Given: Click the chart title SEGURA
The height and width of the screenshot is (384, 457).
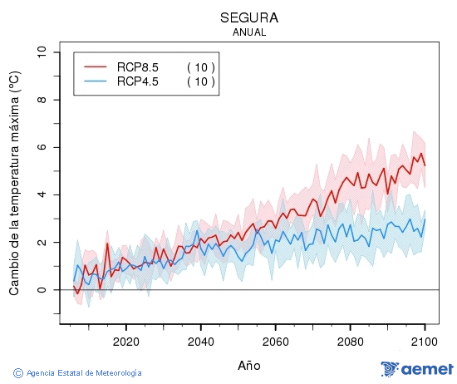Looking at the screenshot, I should (249, 17).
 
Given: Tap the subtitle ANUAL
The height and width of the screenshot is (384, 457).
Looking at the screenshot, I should (249, 32).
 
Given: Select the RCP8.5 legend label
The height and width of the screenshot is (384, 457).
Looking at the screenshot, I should (138, 67).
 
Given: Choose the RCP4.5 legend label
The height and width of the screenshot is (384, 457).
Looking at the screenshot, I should (138, 81).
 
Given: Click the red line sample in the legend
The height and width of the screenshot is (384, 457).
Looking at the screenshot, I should (96, 67).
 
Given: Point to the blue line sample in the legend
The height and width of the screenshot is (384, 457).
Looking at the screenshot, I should (96, 81).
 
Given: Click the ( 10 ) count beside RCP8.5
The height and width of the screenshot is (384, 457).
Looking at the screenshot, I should (200, 67).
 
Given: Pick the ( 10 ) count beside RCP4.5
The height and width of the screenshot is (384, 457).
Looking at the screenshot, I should (200, 81).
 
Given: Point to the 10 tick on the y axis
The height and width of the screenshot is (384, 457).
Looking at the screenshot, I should (42, 52).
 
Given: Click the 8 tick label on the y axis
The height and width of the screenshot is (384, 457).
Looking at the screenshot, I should (42, 100).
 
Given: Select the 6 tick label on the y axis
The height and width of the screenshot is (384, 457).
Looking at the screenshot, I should (42, 147).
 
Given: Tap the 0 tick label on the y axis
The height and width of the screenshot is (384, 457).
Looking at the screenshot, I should (42, 290).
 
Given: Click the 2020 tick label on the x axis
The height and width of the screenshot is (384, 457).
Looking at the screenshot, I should (125, 342).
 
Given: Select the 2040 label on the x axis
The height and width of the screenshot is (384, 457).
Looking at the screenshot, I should (200, 342).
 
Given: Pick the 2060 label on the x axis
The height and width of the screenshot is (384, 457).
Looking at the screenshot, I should (275, 342).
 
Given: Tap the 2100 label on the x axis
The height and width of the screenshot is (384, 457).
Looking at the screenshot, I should (425, 342).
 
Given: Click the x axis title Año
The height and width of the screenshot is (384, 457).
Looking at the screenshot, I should (249, 365).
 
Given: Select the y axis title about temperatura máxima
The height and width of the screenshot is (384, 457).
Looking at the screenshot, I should (14, 184).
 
